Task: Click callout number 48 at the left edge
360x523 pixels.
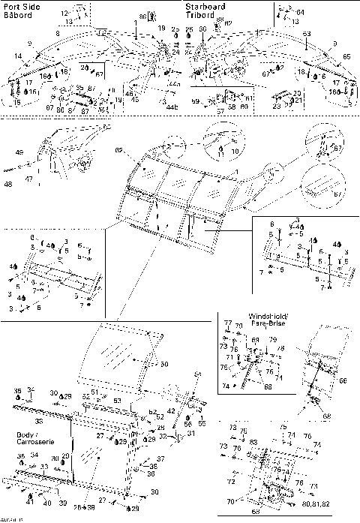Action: click(x=7, y=183)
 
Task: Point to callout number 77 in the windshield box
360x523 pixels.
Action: click(x=228, y=322)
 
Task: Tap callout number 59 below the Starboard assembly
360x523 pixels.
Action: click(x=195, y=101)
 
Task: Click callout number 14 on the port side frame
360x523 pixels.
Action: click(x=16, y=56)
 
